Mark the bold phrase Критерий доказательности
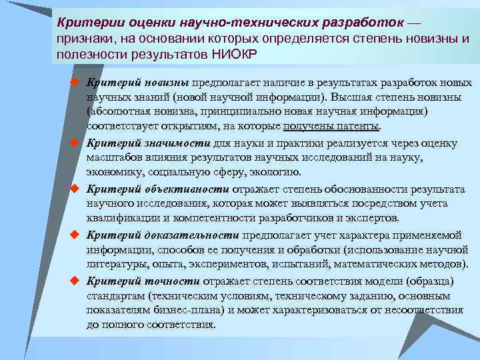[x=163, y=235]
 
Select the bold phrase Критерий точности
[x=141, y=281]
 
